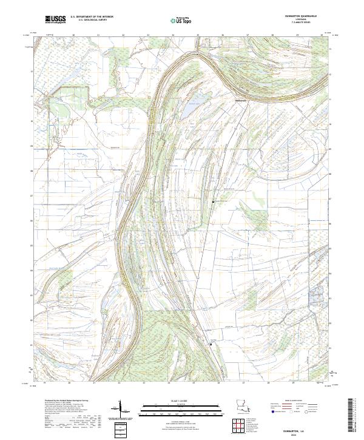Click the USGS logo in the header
[56, 19]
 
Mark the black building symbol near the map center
[213, 201]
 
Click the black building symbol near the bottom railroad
[211, 344]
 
